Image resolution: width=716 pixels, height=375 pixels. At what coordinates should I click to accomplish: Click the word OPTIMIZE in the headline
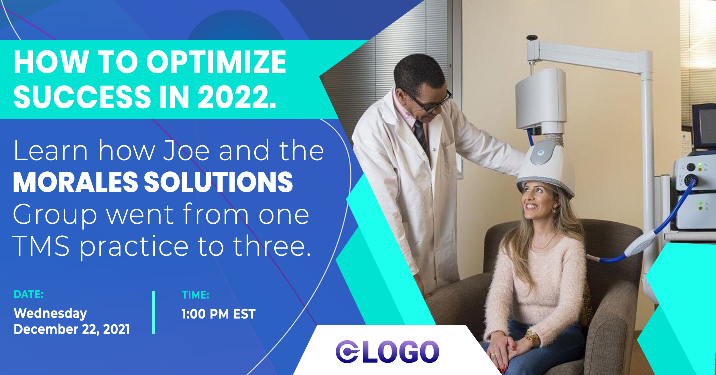tap(216, 62)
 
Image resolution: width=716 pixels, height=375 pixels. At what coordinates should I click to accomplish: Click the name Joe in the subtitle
tap(186, 151)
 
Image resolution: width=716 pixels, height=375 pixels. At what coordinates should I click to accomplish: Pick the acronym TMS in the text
tap(41, 246)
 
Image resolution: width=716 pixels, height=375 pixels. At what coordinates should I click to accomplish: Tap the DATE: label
tap(28, 294)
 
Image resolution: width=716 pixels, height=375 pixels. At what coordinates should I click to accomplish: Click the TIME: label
tap(196, 295)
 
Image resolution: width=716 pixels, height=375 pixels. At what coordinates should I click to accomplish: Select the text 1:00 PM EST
tap(219, 314)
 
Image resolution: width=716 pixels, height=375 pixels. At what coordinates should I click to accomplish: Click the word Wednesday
tap(50, 313)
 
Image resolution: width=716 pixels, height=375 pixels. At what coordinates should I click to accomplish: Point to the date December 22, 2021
tap(72, 329)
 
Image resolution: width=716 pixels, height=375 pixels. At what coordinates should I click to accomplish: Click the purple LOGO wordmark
tap(387, 351)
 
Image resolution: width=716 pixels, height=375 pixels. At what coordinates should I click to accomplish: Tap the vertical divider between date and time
tap(154, 312)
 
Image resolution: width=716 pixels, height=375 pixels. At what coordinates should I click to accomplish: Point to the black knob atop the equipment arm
tap(532, 38)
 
